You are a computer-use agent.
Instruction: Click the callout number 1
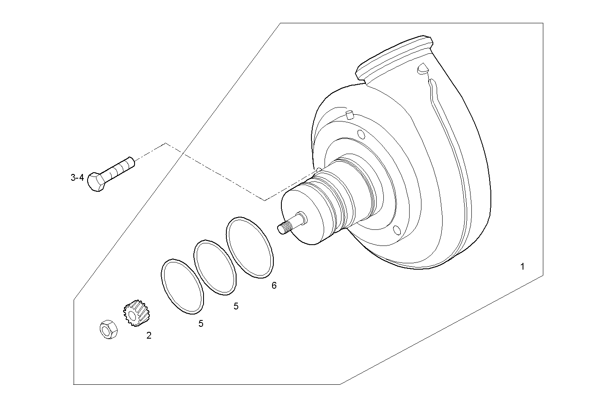(522, 267)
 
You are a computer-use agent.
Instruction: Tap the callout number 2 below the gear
(149, 336)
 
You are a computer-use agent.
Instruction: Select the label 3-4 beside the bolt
(77, 178)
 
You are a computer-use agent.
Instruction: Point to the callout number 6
(274, 286)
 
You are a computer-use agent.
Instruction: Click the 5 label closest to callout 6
(236, 306)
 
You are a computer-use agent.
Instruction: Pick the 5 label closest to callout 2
(201, 324)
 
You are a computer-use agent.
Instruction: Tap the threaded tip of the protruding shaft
(283, 228)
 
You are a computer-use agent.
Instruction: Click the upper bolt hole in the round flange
(361, 135)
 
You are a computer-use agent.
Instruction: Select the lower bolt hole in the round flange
(396, 230)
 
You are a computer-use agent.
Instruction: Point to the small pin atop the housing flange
(350, 114)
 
